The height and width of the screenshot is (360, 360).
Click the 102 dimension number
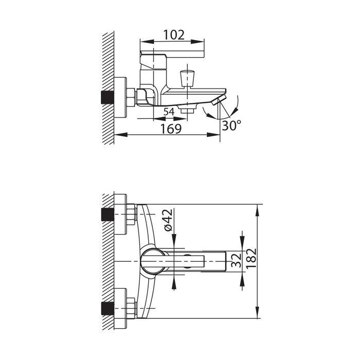(x=174, y=35)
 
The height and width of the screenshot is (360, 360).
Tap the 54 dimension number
(x=169, y=112)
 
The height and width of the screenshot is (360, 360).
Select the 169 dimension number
(x=171, y=129)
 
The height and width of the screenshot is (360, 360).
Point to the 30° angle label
(x=231, y=125)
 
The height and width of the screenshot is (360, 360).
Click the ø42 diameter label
(x=168, y=220)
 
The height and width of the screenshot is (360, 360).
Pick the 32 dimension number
(x=237, y=260)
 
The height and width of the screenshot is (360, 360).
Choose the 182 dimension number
(x=251, y=258)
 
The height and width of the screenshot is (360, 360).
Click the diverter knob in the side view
(x=188, y=79)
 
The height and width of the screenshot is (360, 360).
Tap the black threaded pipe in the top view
(x=107, y=98)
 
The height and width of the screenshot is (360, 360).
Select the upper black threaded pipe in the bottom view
(x=107, y=214)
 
